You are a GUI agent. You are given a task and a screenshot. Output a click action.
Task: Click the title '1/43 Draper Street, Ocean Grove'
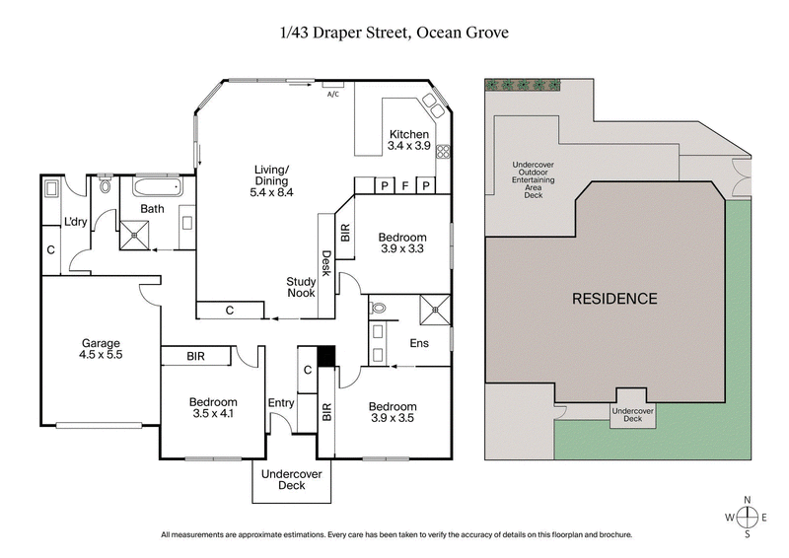tap(394, 34)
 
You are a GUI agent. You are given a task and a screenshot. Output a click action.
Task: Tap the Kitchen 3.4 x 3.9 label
tap(408, 140)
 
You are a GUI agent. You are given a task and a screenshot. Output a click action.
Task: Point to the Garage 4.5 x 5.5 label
tap(101, 351)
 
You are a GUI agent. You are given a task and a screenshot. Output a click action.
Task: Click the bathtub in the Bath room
tap(156, 186)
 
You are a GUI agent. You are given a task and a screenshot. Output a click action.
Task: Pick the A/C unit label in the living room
tap(332, 95)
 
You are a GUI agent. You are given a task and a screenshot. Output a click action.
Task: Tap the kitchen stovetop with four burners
tap(443, 152)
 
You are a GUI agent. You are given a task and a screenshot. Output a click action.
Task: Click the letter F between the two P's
tap(405, 185)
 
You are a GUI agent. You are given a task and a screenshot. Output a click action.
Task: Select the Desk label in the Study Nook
tap(324, 263)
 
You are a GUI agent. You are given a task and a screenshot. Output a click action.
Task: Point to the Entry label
tap(281, 402)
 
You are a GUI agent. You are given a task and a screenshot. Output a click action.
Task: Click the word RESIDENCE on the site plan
tap(614, 298)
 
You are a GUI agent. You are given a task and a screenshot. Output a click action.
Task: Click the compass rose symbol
tap(748, 517)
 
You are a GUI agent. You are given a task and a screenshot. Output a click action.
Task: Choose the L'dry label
tap(77, 222)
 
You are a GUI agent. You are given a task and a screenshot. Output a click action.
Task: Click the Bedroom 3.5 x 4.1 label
tap(213, 408)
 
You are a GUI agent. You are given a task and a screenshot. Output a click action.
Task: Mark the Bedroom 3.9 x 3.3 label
tap(402, 244)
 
